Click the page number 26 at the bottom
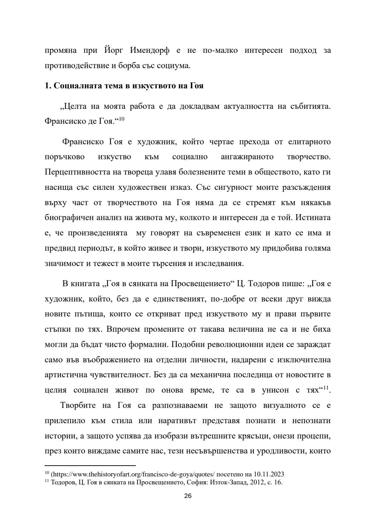click(x=188, y=496)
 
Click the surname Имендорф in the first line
click(x=150, y=50)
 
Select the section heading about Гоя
click(x=124, y=86)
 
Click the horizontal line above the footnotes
click(x=90, y=465)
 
